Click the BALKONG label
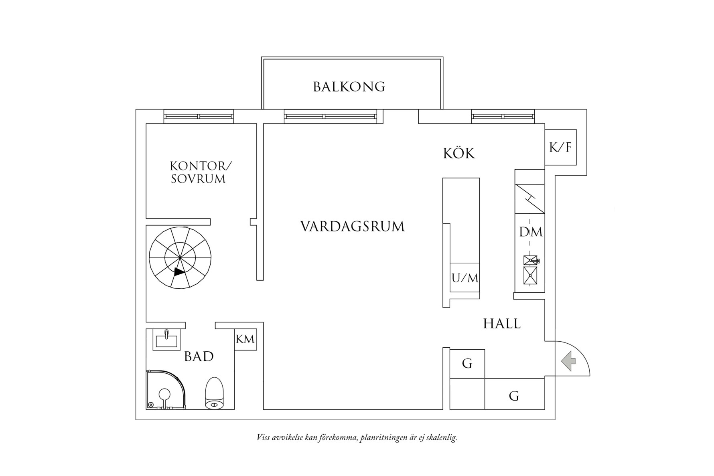tap(349, 87)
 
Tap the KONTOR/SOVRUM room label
tap(199, 172)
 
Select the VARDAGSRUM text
tap(353, 227)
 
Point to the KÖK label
tap(459, 154)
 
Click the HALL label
tap(502, 324)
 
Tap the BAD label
tap(199, 356)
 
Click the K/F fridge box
tap(560, 148)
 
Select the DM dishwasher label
tap(530, 232)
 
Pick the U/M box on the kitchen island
tap(465, 278)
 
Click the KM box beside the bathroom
tap(245, 340)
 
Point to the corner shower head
tap(164, 394)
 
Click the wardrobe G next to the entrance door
tap(514, 396)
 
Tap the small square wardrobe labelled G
tap(467, 364)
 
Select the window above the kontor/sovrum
tap(199, 117)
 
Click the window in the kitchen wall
tap(503, 117)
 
